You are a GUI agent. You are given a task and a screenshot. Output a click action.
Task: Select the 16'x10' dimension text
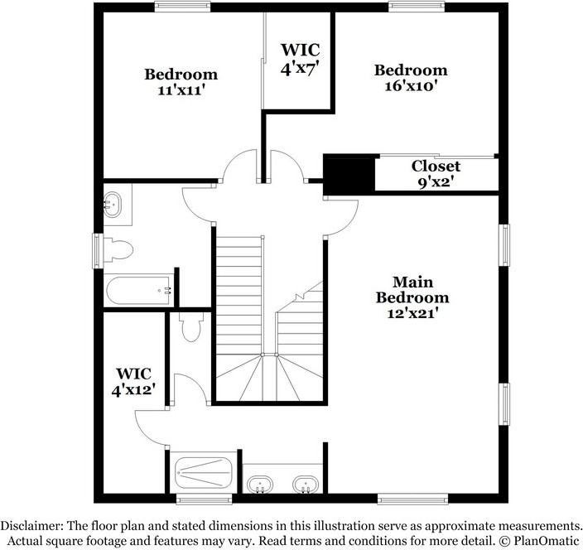click(410, 84)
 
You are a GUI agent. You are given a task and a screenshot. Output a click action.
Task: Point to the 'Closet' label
click(436, 166)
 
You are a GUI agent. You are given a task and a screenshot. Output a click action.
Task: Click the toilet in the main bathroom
click(191, 327)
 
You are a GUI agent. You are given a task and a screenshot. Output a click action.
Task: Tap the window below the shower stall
click(204, 499)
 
